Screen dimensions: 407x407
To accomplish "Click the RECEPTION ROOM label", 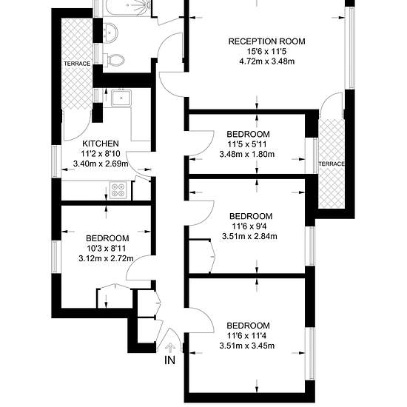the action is click(266, 41).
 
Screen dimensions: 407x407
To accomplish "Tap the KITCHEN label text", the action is click(101, 144).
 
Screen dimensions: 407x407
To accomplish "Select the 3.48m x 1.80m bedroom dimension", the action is click(247, 154).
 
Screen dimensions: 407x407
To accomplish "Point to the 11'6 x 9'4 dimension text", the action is click(249, 226).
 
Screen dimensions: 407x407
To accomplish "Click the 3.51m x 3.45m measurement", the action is click(247, 346).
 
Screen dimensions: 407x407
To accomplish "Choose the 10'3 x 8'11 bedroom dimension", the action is click(106, 249).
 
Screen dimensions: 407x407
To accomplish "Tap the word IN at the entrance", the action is click(170, 360).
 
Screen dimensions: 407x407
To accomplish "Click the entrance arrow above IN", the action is click(170, 347).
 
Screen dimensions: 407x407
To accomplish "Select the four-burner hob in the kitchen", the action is click(118, 190).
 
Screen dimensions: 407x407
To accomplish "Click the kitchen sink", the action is click(121, 98).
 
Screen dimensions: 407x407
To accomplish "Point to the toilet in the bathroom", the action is click(114, 60).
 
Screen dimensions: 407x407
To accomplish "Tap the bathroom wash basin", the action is click(110, 32).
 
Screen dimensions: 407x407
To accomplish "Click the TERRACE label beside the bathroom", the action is click(77, 64).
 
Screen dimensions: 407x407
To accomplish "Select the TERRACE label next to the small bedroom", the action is click(332, 164).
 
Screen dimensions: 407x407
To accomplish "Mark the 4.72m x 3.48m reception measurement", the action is click(266, 61).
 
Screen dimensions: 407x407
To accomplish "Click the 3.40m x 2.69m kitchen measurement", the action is click(101, 164).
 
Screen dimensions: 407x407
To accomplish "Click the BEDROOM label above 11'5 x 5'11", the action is click(248, 134).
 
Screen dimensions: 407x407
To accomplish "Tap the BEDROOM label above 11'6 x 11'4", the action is click(248, 326).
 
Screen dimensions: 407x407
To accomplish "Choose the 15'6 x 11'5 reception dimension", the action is click(266, 52).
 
